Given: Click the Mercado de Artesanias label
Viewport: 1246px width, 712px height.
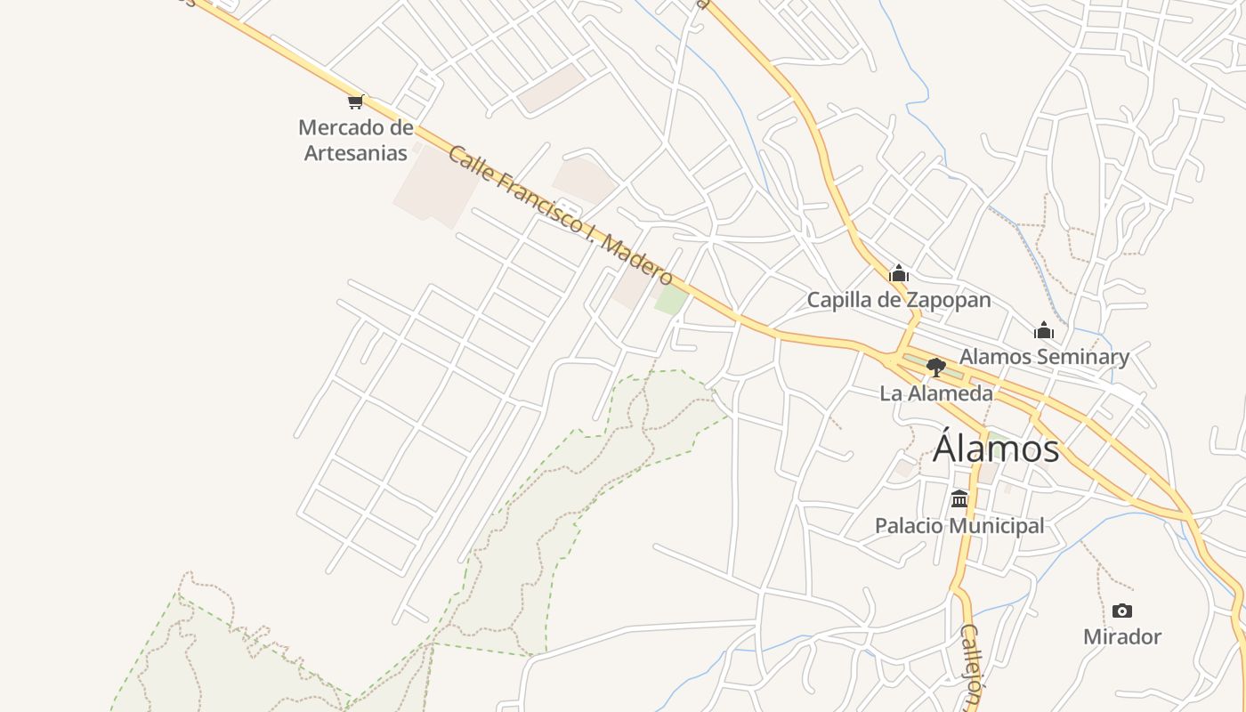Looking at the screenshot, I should [356, 140].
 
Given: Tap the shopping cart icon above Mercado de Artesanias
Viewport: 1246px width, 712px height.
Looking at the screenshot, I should [356, 101].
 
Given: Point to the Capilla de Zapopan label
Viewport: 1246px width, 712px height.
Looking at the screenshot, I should [899, 300].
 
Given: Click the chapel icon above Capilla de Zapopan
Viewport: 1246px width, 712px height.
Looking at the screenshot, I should [899, 273].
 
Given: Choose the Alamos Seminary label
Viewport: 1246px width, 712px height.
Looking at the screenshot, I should [1044, 357].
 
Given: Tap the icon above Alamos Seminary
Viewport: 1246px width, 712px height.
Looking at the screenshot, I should [1044, 331].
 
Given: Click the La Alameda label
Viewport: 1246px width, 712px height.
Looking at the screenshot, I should [936, 392].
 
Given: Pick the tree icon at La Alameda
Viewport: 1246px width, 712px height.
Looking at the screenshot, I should [935, 367].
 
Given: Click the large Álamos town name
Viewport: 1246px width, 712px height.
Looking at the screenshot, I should [996, 449].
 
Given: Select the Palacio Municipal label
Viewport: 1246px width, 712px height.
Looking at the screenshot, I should [959, 526].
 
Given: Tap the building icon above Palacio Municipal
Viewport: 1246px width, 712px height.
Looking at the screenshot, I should [959, 499].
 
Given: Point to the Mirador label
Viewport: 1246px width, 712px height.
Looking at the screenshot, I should [1122, 636].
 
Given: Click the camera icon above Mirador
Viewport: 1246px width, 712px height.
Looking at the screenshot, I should [1122, 611].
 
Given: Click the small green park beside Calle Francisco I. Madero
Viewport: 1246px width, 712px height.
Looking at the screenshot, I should [671, 300].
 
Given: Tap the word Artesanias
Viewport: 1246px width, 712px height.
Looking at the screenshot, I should [356, 152].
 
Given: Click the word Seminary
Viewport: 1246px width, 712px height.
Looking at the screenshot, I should [1084, 357].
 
